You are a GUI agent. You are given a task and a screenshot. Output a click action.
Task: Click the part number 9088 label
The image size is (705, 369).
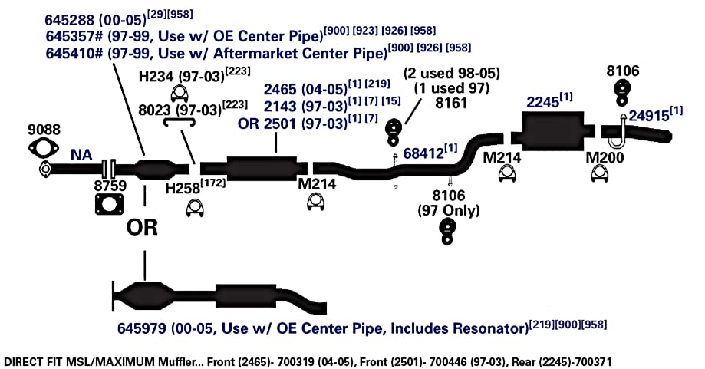[x=44, y=130]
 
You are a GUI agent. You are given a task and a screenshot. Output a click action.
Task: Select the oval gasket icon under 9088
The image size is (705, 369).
[x=44, y=148]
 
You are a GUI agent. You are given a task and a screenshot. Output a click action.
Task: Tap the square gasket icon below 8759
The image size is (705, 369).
[x=109, y=205]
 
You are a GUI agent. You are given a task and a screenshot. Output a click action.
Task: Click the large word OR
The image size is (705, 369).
[x=142, y=227]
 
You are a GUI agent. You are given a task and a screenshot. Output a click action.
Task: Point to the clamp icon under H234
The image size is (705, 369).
[x=180, y=94]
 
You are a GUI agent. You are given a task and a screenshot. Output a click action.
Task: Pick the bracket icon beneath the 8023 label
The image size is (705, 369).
[x=179, y=122]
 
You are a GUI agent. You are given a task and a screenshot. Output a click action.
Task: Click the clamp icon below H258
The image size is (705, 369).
[x=195, y=208]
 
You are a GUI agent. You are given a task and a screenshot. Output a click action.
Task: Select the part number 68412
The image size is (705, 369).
[x=423, y=153]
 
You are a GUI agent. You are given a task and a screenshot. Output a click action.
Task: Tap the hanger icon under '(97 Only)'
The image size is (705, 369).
[x=447, y=232]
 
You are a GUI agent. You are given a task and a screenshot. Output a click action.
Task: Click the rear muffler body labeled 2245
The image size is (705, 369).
[x=552, y=130]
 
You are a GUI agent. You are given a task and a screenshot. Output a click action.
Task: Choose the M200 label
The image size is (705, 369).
[x=605, y=157]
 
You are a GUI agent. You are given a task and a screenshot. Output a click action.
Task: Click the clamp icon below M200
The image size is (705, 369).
[x=599, y=173]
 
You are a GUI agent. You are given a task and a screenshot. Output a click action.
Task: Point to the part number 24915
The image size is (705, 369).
[x=649, y=116]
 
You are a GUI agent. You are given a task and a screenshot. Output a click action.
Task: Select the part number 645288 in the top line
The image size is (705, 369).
[x=70, y=20]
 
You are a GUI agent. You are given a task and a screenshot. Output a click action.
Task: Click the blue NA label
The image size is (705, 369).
[x=81, y=155]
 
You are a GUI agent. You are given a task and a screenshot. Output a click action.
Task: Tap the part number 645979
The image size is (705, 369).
[x=142, y=328]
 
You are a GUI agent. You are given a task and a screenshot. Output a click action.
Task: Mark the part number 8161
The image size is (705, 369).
[x=451, y=103]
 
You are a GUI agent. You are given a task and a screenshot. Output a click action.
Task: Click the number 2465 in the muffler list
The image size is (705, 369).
[x=280, y=89]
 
